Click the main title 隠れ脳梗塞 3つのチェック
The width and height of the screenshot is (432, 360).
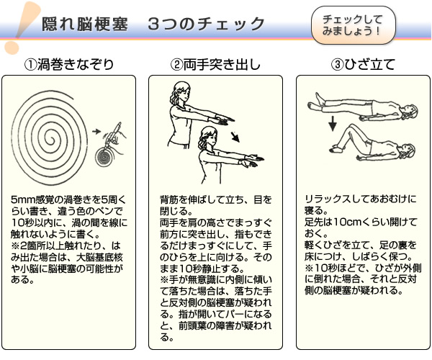[153, 24]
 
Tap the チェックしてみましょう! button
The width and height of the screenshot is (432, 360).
[354, 25]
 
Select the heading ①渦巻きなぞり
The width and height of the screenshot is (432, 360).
[69, 65]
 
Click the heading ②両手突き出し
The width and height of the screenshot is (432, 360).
[215, 65]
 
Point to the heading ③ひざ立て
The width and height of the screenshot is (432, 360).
[363, 65]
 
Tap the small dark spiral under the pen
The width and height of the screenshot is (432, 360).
[104, 157]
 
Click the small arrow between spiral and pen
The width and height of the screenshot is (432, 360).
[96, 131]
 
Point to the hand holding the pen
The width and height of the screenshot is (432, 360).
[117, 138]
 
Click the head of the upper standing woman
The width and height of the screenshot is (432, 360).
[181, 92]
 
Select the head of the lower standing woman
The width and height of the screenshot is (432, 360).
[209, 137]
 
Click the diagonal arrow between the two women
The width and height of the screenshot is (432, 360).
[235, 137]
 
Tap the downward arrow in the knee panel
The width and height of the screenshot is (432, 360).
[333, 123]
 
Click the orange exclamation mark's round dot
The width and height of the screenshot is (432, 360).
[12, 48]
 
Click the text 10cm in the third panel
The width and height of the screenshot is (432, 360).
[346, 222]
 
